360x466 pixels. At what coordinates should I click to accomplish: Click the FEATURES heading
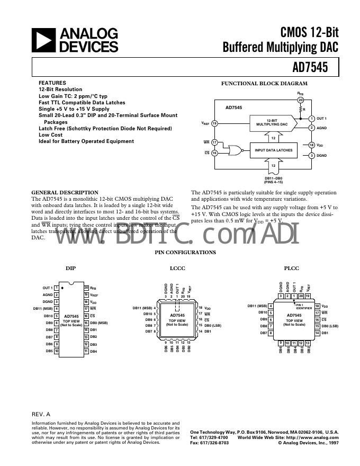(52, 83)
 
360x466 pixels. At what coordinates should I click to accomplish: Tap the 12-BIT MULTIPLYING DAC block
(272, 123)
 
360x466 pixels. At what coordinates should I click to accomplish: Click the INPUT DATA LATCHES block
(274, 150)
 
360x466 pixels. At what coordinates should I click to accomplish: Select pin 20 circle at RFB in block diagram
(301, 100)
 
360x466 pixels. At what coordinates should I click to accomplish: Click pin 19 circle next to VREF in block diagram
(214, 123)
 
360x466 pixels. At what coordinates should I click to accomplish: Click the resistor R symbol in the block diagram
(301, 110)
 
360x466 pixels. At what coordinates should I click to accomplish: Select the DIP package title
(70, 268)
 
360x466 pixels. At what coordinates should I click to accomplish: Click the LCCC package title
(177, 268)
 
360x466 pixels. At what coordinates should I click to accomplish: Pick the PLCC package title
(292, 268)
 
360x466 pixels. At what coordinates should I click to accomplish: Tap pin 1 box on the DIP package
(56, 288)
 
